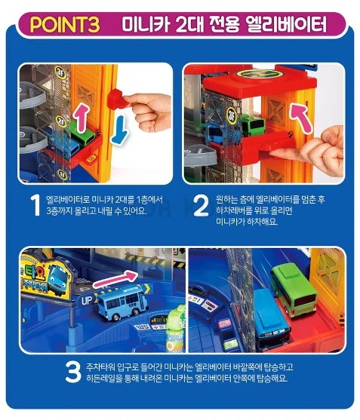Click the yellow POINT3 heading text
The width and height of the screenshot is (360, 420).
click(65, 25)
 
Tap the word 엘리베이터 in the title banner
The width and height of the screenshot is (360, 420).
click(286, 24)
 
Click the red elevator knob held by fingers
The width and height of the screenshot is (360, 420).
click(116, 99)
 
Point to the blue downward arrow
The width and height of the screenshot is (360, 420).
click(119, 130)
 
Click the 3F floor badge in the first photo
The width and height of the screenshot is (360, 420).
click(60, 72)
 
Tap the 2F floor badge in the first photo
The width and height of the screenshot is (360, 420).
click(61, 121)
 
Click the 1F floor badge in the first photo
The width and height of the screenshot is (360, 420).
click(62, 173)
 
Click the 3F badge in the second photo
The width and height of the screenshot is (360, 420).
click(232, 115)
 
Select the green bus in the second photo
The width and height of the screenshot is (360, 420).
click(253, 125)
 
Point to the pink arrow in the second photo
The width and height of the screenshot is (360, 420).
click(302, 118)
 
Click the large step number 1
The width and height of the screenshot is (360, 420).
click(35, 205)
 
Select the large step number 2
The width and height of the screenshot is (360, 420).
click(202, 205)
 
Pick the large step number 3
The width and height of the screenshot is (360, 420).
click(73, 372)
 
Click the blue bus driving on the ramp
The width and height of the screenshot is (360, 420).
click(122, 302)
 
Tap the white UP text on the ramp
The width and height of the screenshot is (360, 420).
click(87, 301)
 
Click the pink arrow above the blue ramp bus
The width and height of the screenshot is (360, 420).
click(115, 279)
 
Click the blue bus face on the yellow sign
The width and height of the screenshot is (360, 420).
click(58, 281)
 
